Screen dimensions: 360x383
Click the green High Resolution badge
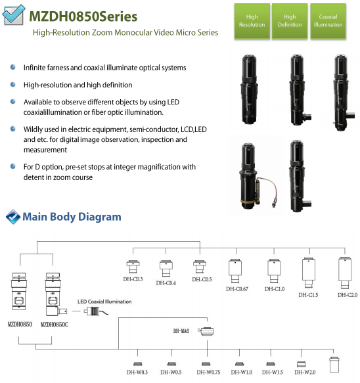[x=252, y=21]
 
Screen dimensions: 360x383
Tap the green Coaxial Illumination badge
[x=328, y=21]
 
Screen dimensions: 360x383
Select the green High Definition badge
[x=290, y=21]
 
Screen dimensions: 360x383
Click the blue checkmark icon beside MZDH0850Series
[x=14, y=15]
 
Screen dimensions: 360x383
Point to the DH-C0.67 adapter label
[x=237, y=289]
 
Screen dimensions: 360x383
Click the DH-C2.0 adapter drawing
[x=345, y=273]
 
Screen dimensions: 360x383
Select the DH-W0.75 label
[x=208, y=372]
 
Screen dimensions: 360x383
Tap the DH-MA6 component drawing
[x=207, y=331]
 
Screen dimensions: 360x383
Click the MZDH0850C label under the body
[x=55, y=325]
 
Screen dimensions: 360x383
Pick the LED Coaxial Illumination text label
[x=104, y=302]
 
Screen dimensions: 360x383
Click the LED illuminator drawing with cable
[x=96, y=311]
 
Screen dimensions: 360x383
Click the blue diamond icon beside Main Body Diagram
[x=13, y=217]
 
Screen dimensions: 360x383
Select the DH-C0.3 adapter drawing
[x=133, y=267]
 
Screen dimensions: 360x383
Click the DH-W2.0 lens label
[x=305, y=372]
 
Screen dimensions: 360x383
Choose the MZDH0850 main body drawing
[x=19, y=291]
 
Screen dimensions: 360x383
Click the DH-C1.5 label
[x=308, y=295]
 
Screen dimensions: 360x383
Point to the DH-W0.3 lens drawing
[x=138, y=364]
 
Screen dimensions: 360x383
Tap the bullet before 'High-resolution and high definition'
[x=12, y=85]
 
